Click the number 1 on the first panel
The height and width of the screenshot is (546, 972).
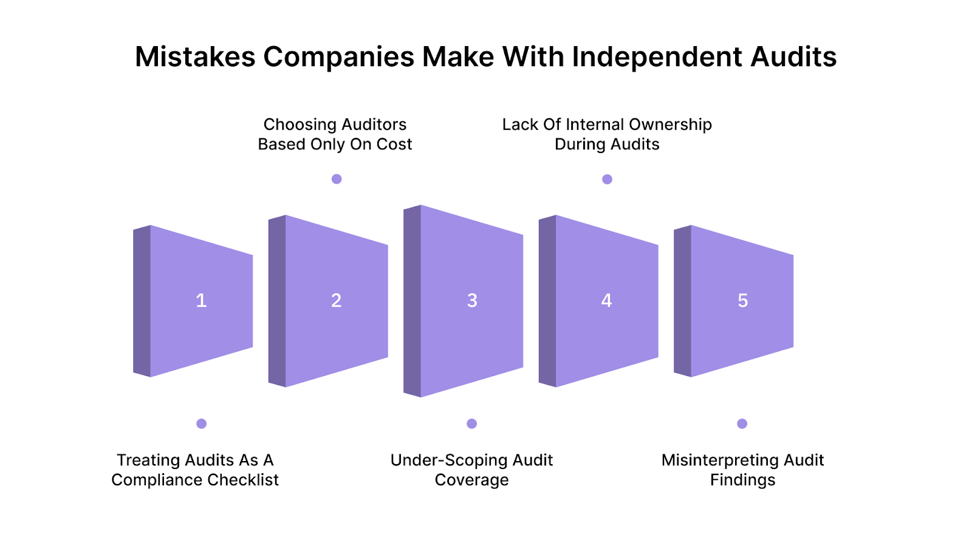click(201, 300)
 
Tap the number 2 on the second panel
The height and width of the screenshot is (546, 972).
click(336, 300)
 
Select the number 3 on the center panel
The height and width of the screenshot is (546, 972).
click(472, 300)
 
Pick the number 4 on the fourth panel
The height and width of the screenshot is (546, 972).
click(606, 300)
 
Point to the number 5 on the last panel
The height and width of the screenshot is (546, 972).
click(742, 300)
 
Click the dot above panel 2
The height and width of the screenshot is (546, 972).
click(337, 179)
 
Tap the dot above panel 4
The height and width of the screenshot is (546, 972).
click(607, 179)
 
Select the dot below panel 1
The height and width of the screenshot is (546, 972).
click(202, 423)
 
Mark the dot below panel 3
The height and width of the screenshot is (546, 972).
click(472, 423)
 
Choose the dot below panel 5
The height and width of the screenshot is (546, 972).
click(742, 423)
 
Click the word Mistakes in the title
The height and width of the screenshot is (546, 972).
click(195, 57)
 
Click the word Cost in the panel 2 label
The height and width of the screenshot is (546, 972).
click(394, 144)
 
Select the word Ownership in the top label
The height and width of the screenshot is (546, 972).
click(670, 124)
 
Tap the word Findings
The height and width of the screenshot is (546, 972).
click(742, 480)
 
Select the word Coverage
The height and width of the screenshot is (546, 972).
click(472, 480)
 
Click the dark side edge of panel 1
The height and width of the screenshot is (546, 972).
click(142, 301)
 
